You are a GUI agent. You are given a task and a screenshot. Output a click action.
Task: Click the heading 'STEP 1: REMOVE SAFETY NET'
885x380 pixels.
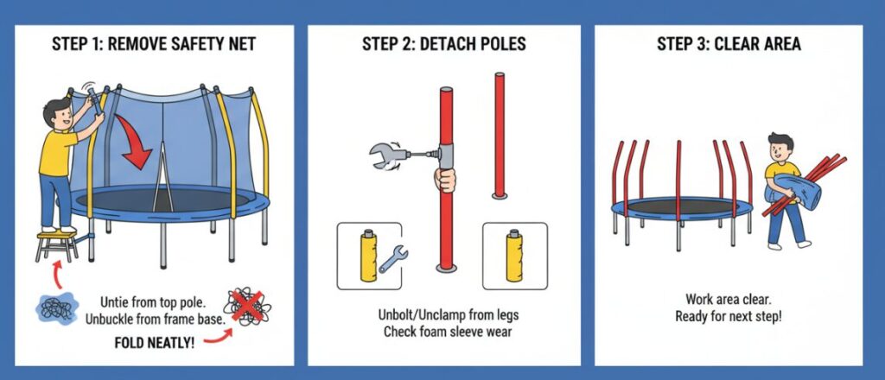[x=154, y=43]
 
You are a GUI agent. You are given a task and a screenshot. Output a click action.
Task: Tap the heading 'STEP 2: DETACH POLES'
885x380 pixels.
[x=443, y=43]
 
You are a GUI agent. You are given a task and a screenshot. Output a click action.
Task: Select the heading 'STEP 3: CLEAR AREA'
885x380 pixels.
[x=729, y=43]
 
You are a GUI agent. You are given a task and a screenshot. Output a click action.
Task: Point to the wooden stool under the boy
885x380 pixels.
[x=56, y=244]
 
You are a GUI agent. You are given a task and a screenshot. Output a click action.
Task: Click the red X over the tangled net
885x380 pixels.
[x=247, y=306]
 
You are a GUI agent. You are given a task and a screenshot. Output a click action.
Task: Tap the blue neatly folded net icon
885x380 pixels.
[x=56, y=307]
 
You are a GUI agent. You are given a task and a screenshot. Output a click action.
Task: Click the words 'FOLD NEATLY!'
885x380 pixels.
[x=154, y=342]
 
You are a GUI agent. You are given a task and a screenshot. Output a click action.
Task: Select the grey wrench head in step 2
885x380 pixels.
[x=385, y=155]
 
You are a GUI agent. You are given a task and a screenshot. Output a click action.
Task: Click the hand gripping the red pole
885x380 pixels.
[x=445, y=180]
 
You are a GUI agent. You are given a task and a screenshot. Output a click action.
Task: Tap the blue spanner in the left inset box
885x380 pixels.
[x=393, y=259]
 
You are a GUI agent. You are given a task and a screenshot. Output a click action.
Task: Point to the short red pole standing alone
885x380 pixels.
[x=499, y=136]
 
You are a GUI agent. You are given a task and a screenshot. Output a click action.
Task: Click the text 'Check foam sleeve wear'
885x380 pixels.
[x=448, y=331]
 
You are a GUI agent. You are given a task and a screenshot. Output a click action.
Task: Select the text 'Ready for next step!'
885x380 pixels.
[x=728, y=316]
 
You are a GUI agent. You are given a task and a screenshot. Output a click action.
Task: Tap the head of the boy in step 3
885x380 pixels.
[x=780, y=147]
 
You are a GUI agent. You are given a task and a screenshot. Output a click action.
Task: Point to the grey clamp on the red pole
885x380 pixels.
[x=446, y=155]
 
